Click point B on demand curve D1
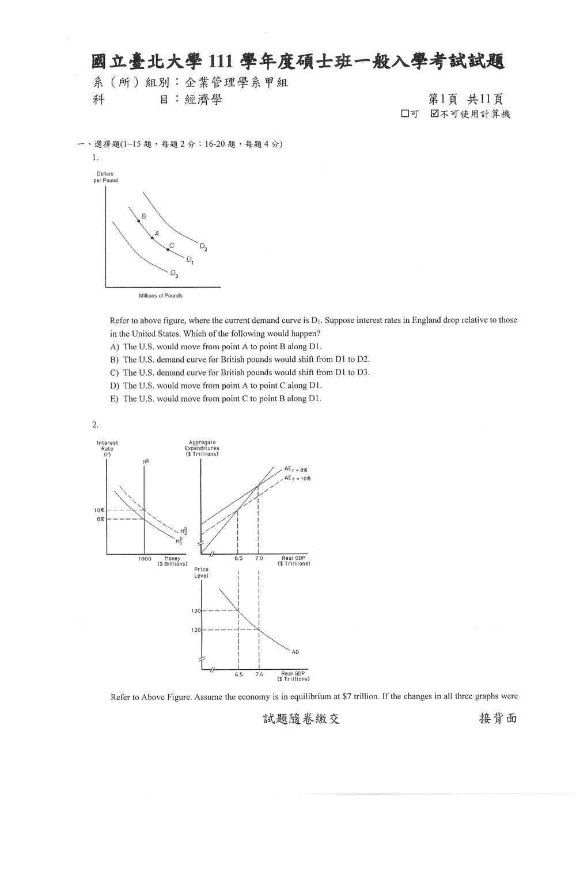click(x=139, y=220)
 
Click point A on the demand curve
click(x=152, y=238)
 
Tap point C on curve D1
click(x=168, y=250)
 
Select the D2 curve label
click(x=203, y=247)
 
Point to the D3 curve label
click(x=174, y=274)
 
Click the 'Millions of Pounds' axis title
click(x=161, y=296)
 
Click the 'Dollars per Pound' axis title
click(x=105, y=177)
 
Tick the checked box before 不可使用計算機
click(x=434, y=114)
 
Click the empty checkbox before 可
click(x=405, y=114)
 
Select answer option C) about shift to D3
click(x=240, y=373)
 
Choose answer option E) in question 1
click(x=215, y=398)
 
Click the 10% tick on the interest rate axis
click(x=99, y=510)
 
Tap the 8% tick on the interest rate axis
click(x=100, y=519)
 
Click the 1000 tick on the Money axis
click(x=145, y=559)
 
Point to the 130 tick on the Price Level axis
click(x=196, y=611)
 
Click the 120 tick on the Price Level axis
click(x=196, y=630)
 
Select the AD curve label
click(x=295, y=652)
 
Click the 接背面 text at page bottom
click(x=498, y=718)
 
